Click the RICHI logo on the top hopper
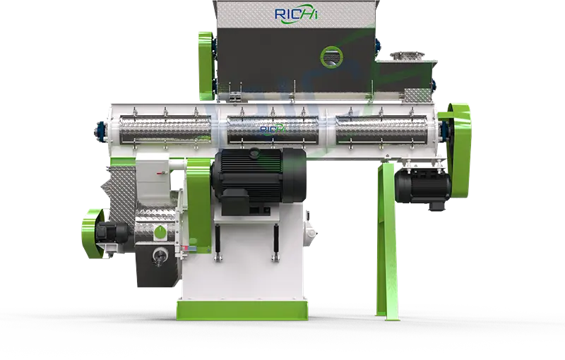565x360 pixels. (x=297, y=14)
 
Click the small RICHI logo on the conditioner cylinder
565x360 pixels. (x=273, y=130)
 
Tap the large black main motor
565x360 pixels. (x=259, y=176)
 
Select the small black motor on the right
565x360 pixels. (x=423, y=188)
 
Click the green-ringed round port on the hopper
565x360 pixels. (x=332, y=57)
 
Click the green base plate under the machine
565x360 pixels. (x=242, y=311)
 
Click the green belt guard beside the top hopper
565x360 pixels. (x=207, y=66)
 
